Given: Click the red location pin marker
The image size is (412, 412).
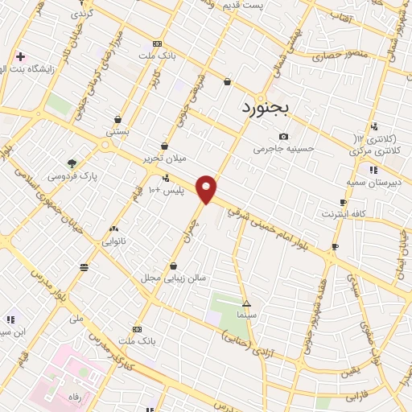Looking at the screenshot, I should [x=207, y=189].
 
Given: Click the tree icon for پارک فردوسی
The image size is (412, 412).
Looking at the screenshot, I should [x=72, y=163].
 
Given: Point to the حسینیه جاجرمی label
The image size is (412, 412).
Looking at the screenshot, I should [x=282, y=149].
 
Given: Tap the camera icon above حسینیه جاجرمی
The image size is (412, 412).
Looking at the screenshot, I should [x=282, y=136].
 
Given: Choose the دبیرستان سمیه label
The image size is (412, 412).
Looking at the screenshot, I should [x=373, y=183].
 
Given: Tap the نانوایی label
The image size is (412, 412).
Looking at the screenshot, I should [x=113, y=241].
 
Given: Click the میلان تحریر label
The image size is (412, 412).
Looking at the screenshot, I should [x=164, y=159].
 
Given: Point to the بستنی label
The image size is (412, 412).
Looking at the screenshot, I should [x=117, y=130].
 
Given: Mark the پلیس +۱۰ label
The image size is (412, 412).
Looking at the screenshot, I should [x=169, y=190].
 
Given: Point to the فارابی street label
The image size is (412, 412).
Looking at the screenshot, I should [x=356, y=397].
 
